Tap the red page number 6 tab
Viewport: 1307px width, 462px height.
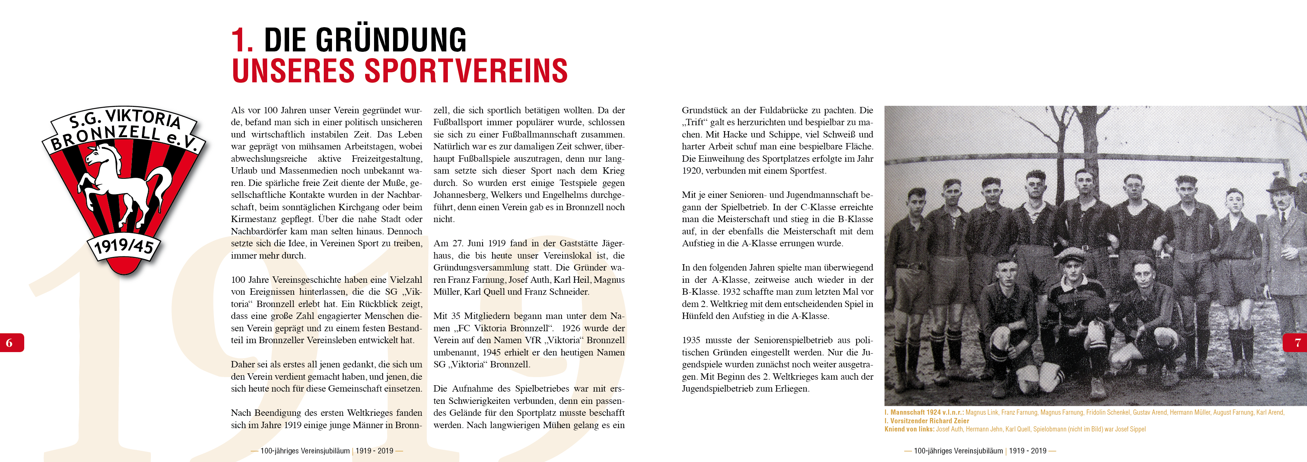coord(10,343)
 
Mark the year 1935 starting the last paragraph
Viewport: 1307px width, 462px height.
coord(691,340)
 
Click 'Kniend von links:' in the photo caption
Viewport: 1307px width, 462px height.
coord(909,429)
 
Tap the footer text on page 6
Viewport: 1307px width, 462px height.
coord(327,451)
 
